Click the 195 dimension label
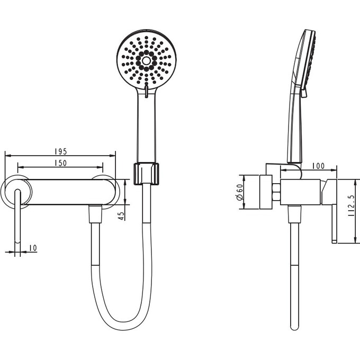61,151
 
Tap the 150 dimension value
61,163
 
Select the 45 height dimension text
121,215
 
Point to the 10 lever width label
33,248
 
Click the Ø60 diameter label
240,192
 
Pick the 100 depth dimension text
319,166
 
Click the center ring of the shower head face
146,60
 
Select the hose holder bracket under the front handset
146,174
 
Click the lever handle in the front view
17,216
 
